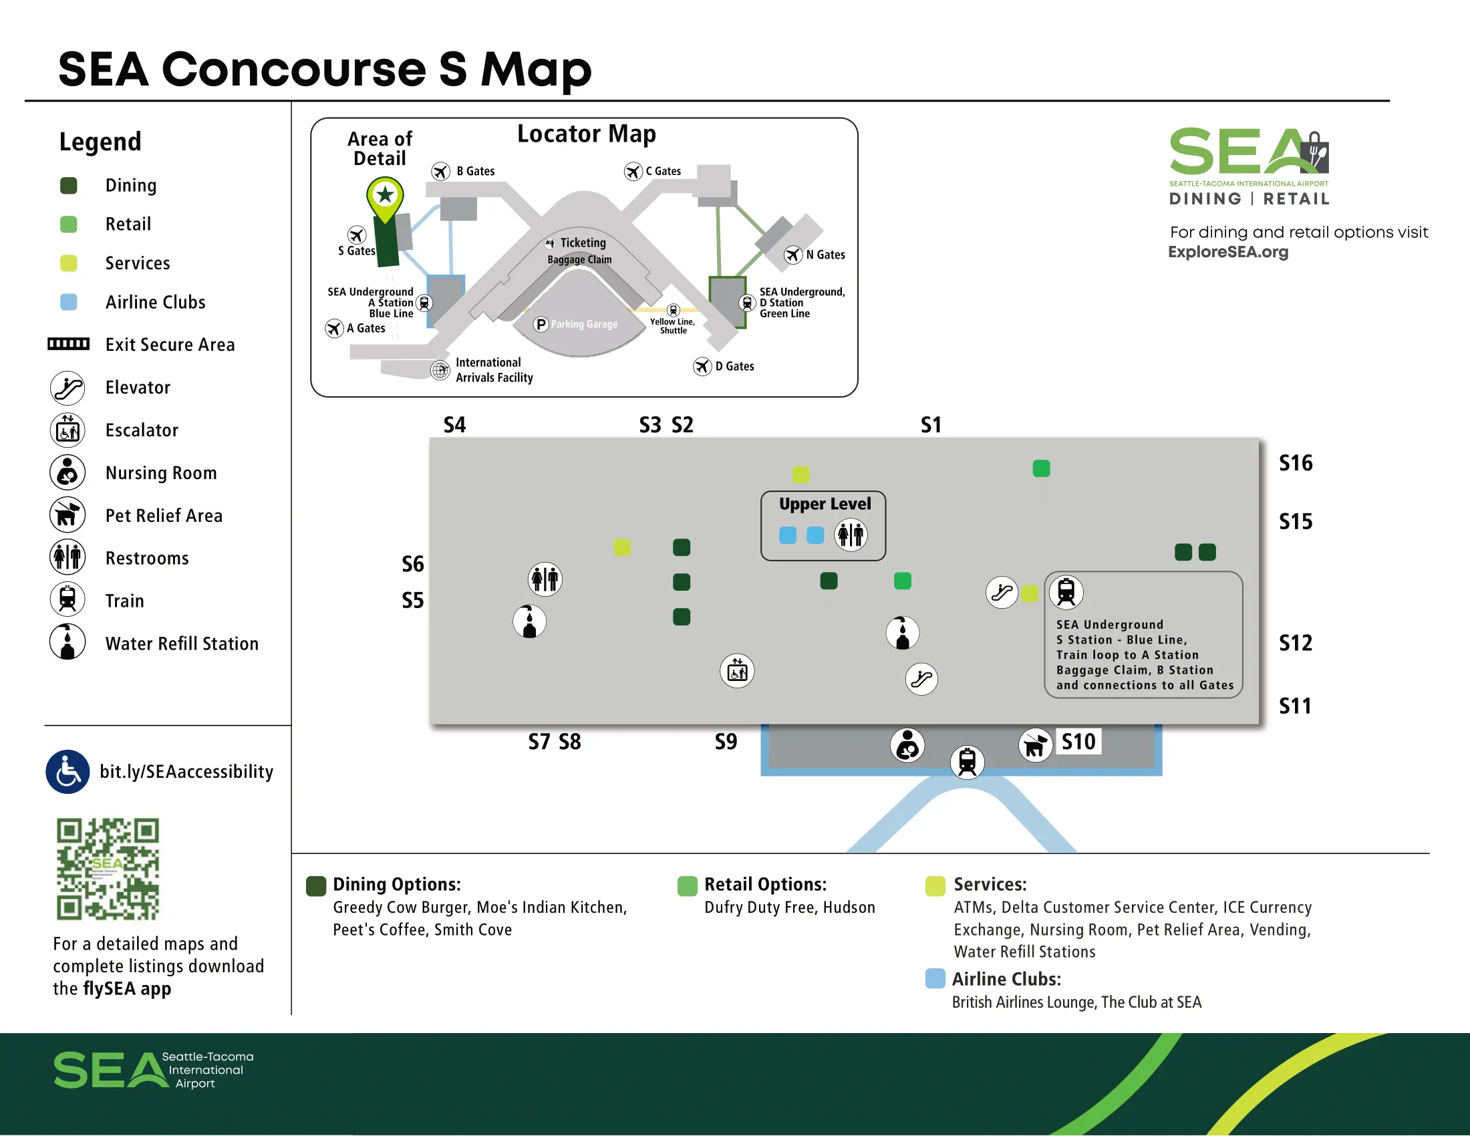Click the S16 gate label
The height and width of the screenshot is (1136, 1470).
1295,463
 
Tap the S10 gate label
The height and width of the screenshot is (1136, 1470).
1078,742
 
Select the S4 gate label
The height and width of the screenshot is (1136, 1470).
454,424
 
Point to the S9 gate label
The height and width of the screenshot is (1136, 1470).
726,742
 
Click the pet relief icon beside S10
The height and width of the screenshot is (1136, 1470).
1035,745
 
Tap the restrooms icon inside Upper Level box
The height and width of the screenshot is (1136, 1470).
851,535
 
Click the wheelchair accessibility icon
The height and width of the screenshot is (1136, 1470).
67,772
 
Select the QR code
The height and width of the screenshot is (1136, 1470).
108,869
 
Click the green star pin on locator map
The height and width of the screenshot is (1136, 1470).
385,196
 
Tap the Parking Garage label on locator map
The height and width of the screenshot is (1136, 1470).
583,324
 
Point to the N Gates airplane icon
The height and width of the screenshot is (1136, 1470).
793,255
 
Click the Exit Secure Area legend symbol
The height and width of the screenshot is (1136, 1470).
68,344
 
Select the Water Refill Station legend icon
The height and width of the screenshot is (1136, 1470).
67,642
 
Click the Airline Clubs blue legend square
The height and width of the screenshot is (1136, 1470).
68,302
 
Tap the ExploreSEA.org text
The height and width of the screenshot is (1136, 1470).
1227,252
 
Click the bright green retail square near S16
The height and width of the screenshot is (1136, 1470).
1040,468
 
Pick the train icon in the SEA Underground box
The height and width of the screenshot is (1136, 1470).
1066,592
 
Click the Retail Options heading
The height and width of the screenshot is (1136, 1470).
764,884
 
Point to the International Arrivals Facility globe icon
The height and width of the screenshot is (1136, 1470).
440,370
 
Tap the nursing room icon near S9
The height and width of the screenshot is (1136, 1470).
907,745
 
